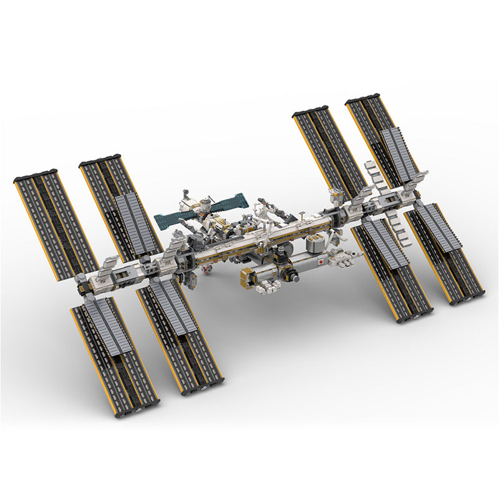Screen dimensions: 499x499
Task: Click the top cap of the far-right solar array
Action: [x=362, y=99]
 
